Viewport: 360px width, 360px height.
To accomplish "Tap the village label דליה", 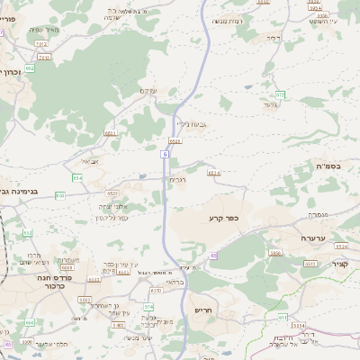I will click(x=274, y=38).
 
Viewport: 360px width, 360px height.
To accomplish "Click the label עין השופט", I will click(x=322, y=20).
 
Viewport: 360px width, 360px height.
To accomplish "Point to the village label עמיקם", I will click(x=150, y=91).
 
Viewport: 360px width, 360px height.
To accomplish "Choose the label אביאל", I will click(x=91, y=162).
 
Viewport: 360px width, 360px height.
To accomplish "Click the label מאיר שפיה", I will click(x=43, y=30).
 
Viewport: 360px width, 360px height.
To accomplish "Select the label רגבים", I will click(x=178, y=180).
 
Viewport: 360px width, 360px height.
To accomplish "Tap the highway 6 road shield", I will click(x=165, y=154).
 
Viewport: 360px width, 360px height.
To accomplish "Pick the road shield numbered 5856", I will click(x=275, y=254).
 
